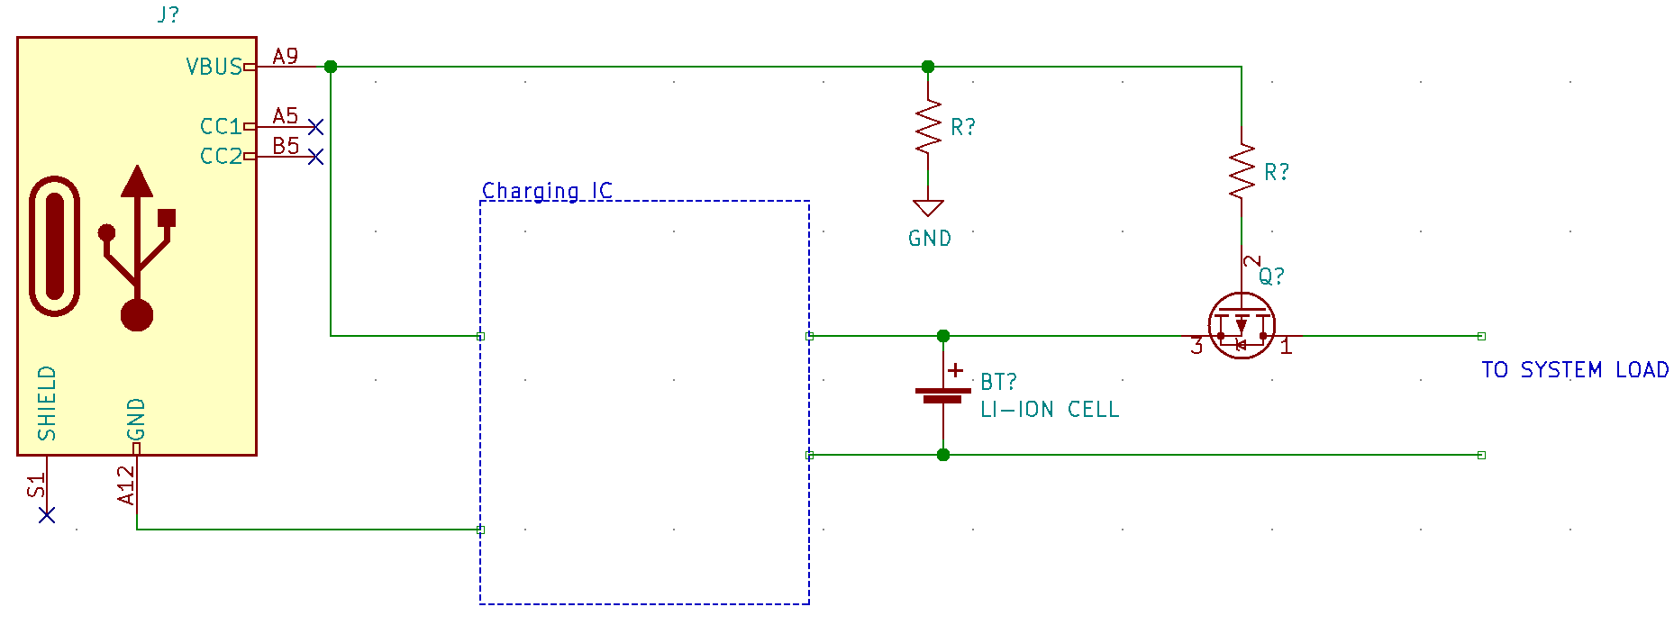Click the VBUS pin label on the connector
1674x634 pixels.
214,67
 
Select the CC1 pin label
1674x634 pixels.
221,126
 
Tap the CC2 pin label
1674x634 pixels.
221,157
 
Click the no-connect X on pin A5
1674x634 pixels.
315,126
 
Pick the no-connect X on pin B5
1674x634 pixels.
315,157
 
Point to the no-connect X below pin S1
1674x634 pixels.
47,514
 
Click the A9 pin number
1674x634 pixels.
286,56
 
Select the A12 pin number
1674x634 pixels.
126,485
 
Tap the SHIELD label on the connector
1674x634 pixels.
47,403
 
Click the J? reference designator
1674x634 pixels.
168,14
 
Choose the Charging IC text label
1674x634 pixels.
547,191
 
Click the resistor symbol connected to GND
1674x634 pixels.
928,127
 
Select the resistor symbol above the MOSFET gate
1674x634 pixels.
1242,172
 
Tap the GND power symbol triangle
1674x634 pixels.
928,208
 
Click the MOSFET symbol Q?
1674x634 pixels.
1242,325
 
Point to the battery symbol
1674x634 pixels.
943,394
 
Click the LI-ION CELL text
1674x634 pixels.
1050,410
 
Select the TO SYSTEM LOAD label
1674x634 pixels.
1575,370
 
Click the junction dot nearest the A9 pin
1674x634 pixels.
331,67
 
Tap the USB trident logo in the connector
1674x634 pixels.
137,248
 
